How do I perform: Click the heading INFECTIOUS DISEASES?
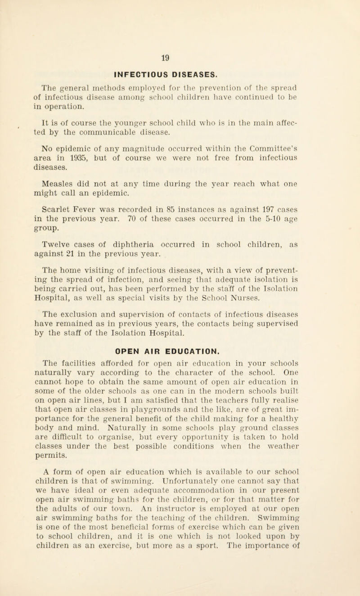tap(180, 71)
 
